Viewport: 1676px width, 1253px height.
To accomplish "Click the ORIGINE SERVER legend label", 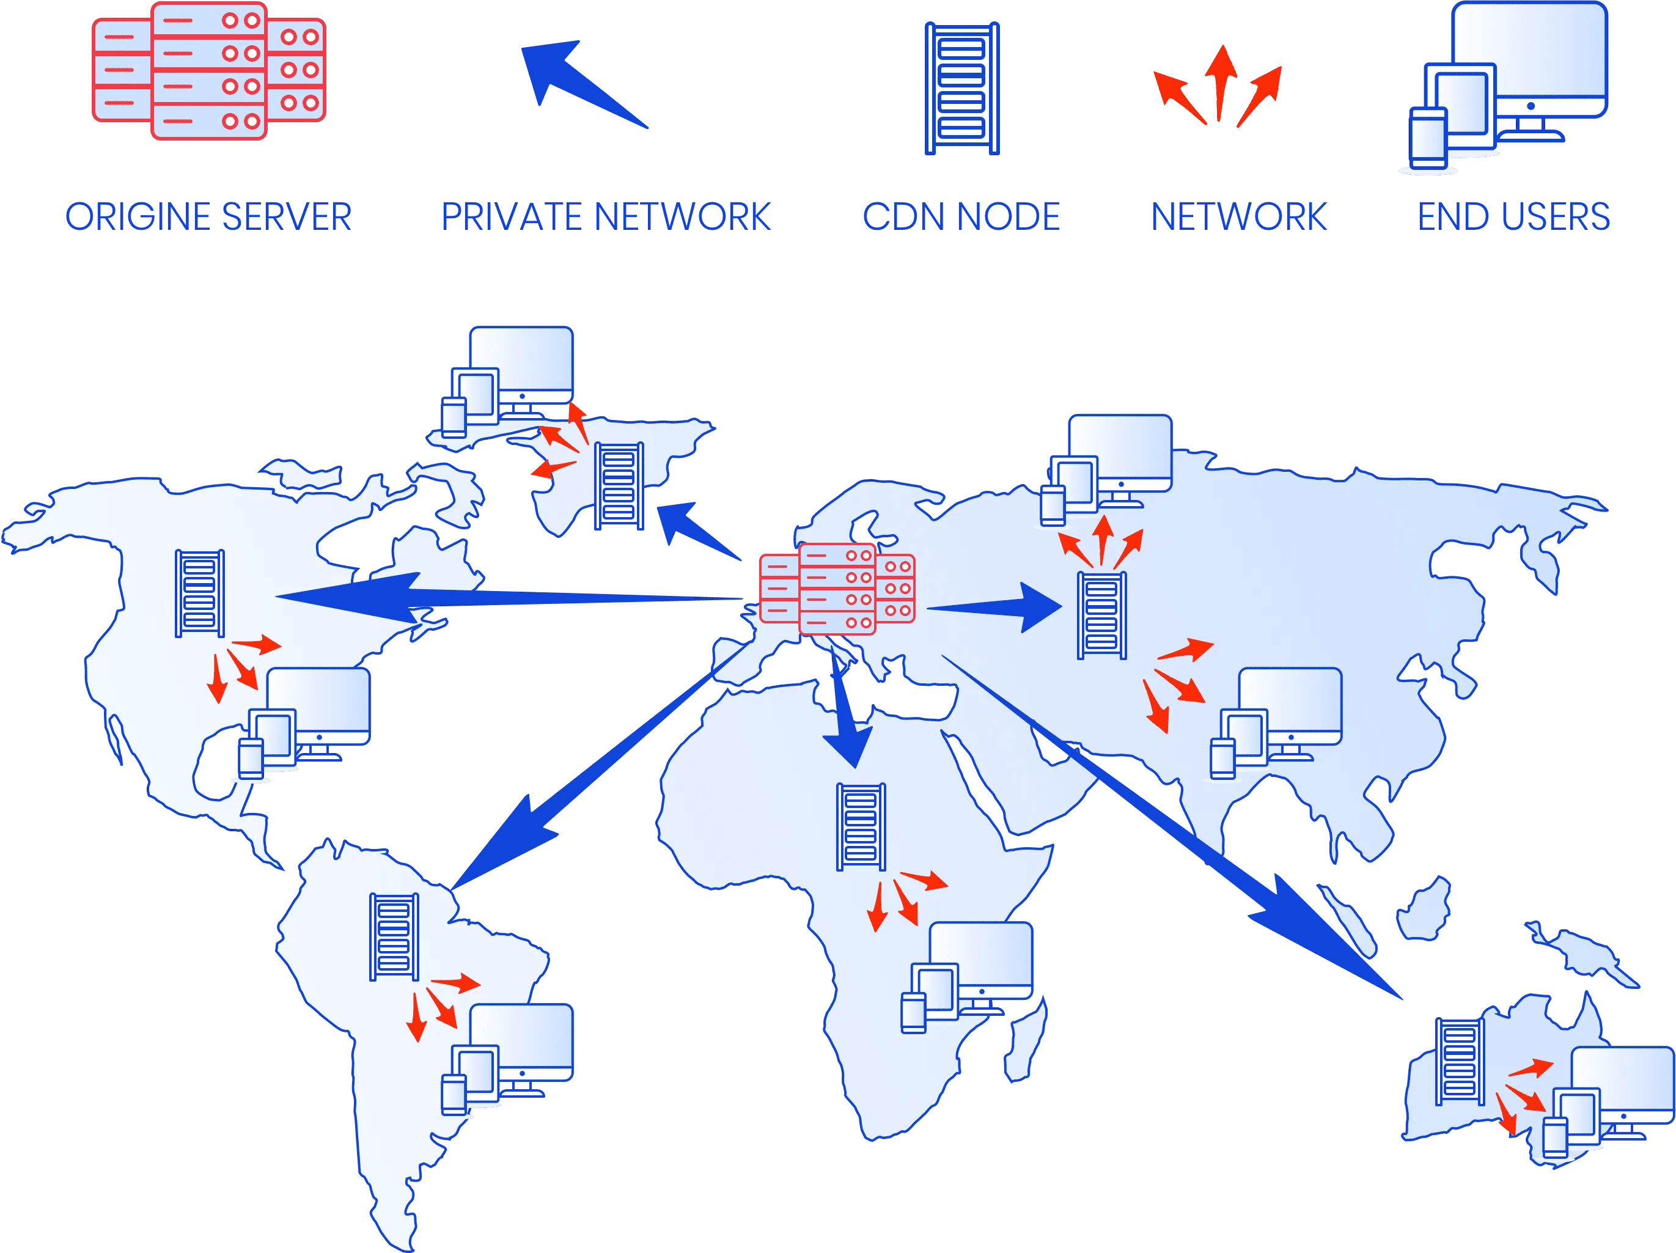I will point(208,218).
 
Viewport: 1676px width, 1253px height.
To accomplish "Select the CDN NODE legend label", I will point(961,218).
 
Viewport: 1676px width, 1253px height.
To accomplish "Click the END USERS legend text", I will point(1513,218).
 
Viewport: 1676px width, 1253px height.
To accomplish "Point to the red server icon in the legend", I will point(208,72).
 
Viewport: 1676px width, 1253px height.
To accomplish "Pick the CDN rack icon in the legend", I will point(961,89).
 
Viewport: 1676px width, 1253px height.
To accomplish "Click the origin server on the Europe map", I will point(837,589).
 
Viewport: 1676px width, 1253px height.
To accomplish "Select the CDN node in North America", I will point(200,593).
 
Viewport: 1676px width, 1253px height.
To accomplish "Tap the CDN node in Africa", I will point(861,827).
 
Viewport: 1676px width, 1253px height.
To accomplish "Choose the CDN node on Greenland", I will point(619,485).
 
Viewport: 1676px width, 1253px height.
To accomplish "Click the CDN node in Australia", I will point(1460,1074).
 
